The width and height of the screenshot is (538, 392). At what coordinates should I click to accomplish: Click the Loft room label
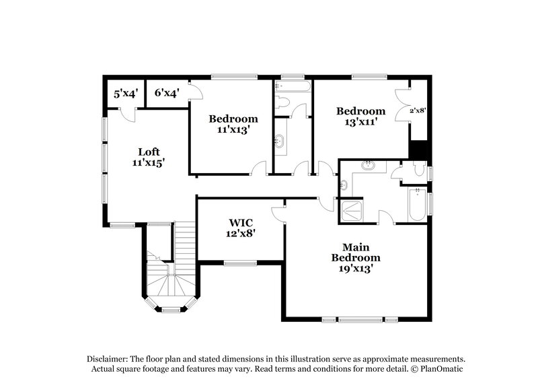[149, 152]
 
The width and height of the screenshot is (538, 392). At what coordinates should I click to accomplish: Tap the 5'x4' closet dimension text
[125, 94]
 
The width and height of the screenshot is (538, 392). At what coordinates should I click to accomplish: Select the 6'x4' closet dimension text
[165, 94]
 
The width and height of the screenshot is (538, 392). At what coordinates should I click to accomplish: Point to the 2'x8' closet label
[418, 110]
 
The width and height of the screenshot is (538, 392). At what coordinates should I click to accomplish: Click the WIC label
[241, 222]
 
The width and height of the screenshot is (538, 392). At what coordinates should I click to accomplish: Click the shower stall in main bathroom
[352, 211]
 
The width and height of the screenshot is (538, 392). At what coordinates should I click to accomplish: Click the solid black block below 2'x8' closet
[418, 150]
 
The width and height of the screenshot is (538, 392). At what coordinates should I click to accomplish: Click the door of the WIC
[278, 211]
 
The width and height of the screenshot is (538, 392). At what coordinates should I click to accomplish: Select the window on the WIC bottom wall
[240, 263]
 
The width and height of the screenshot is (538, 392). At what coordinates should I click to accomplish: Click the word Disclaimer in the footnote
[109, 359]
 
